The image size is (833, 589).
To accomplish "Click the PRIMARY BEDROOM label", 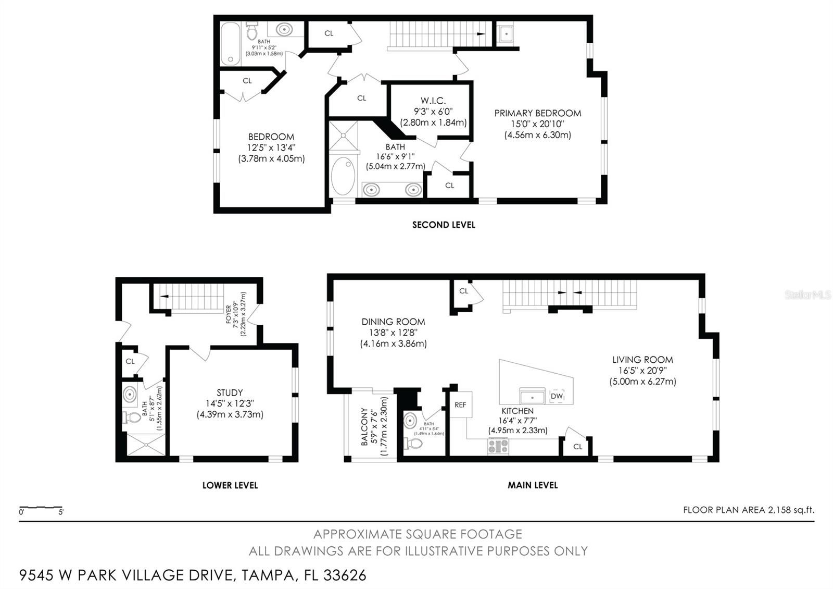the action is pos(537,113).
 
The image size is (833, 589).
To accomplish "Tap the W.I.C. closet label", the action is pos(433,101).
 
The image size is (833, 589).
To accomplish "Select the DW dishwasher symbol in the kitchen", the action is pos(557,396).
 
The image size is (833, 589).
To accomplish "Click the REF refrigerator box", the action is pos(461,404).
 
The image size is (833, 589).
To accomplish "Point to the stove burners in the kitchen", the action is pos(498,446).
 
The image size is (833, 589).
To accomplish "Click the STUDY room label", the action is pos(230,393).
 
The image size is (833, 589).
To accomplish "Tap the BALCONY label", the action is pos(364,426).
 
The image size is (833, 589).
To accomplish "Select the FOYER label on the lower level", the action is pos(229,315).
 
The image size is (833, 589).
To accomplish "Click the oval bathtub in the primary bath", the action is pos(343,176).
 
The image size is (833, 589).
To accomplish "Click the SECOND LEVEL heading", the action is pos(444,225).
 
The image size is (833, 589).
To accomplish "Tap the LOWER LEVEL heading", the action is pos(230,485).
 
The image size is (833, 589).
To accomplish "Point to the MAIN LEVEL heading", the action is pos(533,485).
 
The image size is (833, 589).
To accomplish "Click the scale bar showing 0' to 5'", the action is pos(41,508).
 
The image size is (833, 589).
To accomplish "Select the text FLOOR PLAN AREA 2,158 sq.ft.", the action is pos(749,510).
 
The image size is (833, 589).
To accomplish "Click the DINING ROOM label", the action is pos(394,322).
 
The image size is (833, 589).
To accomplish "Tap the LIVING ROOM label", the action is pos(642,360).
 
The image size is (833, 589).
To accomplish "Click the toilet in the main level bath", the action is pos(413,443).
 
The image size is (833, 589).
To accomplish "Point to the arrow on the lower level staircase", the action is pos(164,297).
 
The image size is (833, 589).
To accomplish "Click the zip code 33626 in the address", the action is pos(345,575).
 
